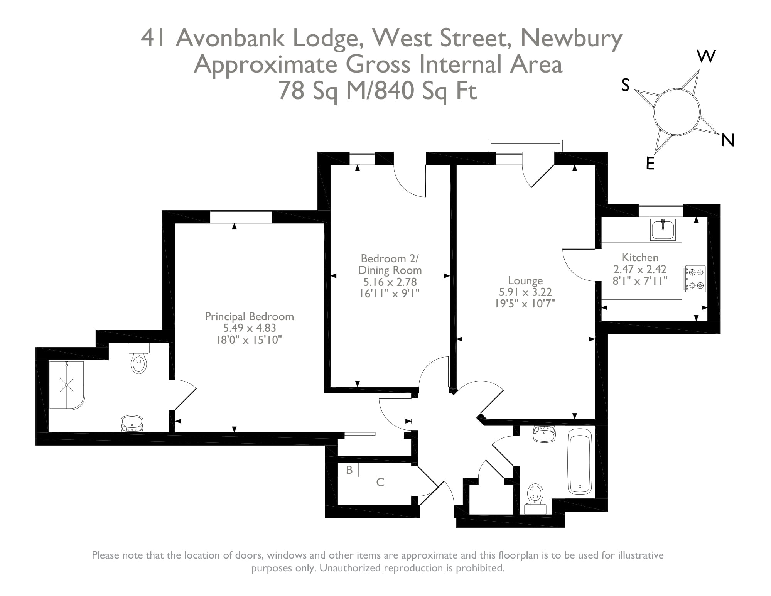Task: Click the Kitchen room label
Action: pos(639,257)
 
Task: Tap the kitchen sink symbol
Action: pos(663,230)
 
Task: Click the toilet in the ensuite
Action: pos(138,360)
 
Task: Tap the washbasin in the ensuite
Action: pos(132,424)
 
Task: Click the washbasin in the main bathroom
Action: pos(544,434)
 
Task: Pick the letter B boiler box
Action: pos(349,470)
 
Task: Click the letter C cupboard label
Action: pos(380,482)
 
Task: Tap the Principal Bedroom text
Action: pos(249,317)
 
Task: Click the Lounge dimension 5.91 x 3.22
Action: pos(525,292)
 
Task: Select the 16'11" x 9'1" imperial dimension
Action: pos(389,294)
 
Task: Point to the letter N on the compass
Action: pos(727,140)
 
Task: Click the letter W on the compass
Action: pos(706,57)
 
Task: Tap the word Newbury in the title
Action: pos(571,38)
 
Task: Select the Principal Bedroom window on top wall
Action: pos(241,217)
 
